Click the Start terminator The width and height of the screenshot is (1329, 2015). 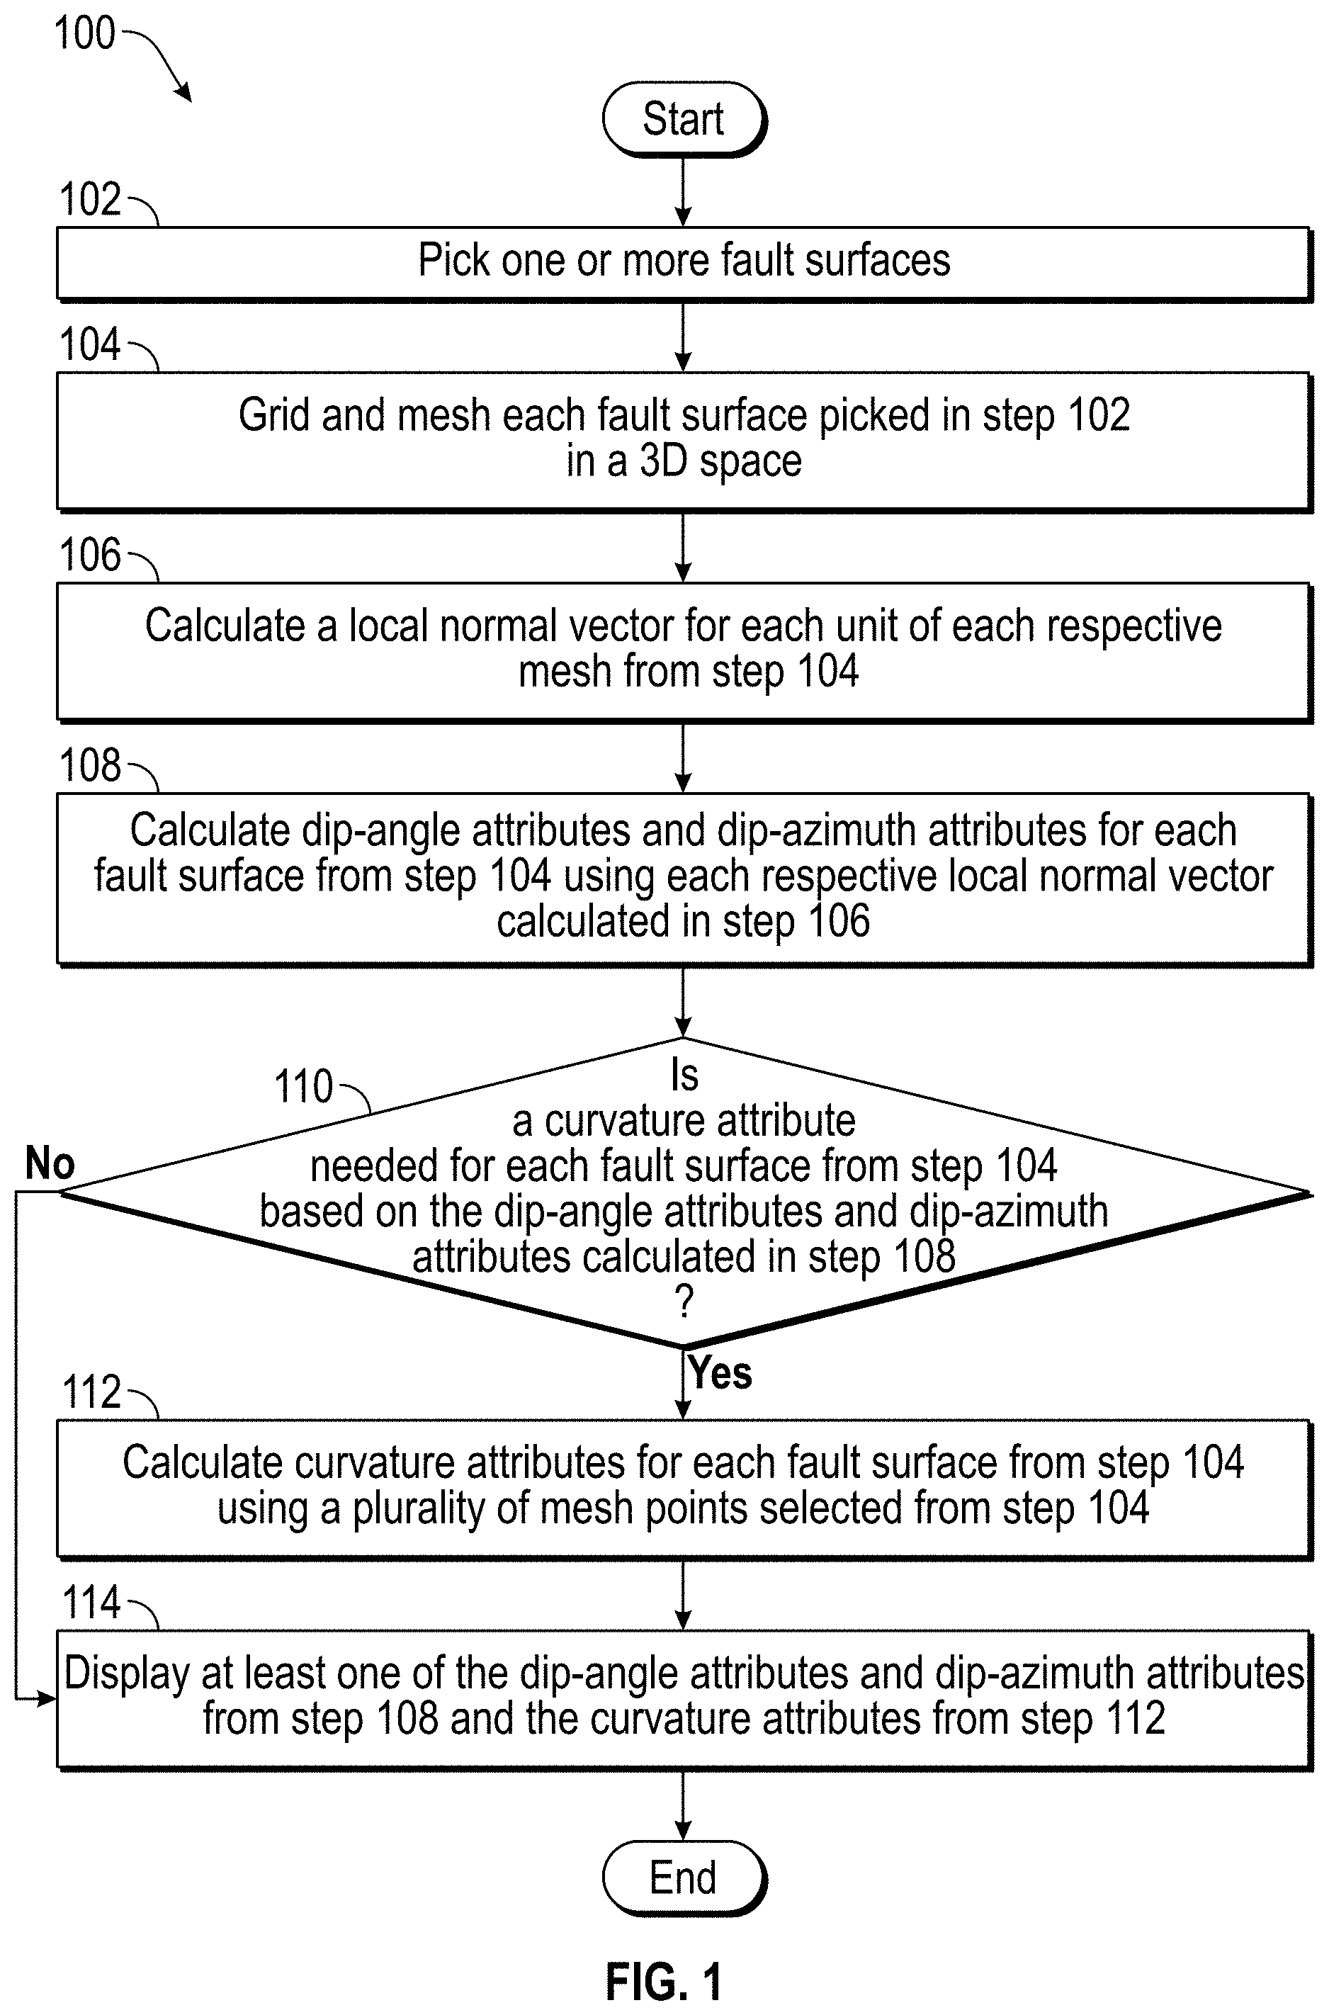(684, 119)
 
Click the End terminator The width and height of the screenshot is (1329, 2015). (684, 1877)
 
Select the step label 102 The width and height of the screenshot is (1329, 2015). (90, 200)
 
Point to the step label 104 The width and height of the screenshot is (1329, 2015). (90, 345)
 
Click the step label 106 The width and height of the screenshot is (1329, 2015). (90, 555)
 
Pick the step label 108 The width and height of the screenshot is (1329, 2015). (90, 765)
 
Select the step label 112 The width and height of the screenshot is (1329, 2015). (91, 1392)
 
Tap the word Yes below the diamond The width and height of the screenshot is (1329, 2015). (720, 1372)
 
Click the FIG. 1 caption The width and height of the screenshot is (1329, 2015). (664, 1981)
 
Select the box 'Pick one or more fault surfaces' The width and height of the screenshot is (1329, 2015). (684, 263)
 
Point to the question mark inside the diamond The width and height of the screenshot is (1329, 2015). (685, 1302)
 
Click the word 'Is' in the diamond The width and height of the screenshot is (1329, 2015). (685, 1075)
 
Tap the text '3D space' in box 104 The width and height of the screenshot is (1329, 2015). (720, 461)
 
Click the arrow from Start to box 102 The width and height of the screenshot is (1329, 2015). (683, 191)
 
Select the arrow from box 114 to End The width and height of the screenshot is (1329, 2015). (683, 1805)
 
